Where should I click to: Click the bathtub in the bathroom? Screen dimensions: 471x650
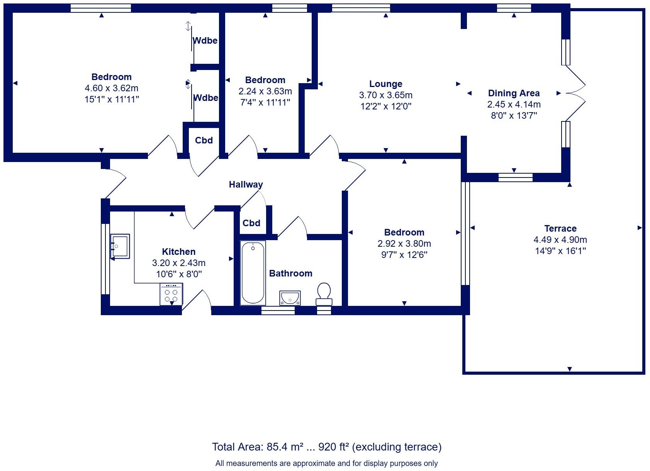pos(253,273)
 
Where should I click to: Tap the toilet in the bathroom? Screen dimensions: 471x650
pos(324,294)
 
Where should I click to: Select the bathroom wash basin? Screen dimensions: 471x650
pos(290,298)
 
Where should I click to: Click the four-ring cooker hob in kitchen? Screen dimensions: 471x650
pos(171,295)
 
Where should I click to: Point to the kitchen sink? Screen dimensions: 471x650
pos(120,246)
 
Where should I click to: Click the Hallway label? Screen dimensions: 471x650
pos(246,184)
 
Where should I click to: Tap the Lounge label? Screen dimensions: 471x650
pos(385,84)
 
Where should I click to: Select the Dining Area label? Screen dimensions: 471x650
pos(514,93)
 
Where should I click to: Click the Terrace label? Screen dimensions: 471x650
pos(560,229)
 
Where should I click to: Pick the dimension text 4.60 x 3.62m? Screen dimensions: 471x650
pos(112,88)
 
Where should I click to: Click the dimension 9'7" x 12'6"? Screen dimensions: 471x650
pos(404,255)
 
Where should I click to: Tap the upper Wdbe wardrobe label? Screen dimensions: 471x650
pos(205,41)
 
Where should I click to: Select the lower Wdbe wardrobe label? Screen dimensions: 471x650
pos(205,98)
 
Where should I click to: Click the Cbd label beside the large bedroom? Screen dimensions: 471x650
pos(204,140)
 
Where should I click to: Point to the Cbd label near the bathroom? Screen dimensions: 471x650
pos(251,223)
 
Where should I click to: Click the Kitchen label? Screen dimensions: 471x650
pos(178,252)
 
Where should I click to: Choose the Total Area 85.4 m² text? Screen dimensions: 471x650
pos(326,447)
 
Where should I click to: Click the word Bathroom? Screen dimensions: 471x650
pos(290,273)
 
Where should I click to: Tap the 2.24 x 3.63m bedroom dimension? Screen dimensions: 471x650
pos(265,91)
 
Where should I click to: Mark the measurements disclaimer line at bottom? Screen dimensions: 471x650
pos(326,463)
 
